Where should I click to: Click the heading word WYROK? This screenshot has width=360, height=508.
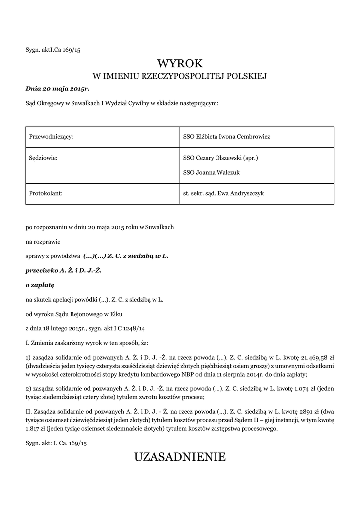[180, 63]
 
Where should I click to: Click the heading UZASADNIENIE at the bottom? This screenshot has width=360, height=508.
[180, 457]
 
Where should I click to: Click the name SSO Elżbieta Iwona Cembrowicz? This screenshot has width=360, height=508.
[226, 136]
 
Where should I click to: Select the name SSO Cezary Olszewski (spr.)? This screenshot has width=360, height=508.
[220, 158]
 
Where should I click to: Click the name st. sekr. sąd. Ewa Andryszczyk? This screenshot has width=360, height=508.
[223, 194]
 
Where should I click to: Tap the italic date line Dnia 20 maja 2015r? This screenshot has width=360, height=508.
[57, 89]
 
